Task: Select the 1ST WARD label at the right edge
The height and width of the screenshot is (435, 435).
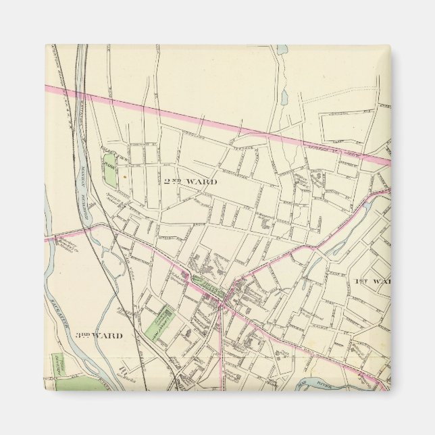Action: [x=372, y=280]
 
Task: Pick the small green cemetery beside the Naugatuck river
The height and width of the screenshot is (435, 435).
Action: [x=59, y=363]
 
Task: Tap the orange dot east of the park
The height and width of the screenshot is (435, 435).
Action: [x=124, y=177]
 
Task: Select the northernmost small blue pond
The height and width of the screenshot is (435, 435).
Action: [x=282, y=49]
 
